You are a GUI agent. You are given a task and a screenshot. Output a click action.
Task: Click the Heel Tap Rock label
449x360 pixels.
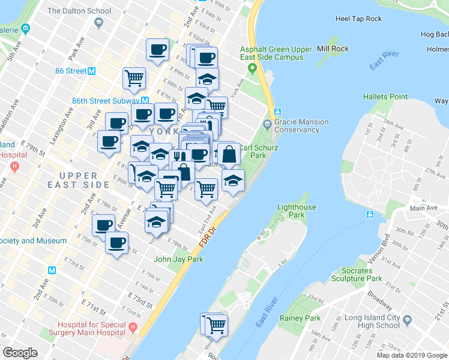[358, 19]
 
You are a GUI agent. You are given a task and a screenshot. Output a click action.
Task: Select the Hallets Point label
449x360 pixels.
[385, 97]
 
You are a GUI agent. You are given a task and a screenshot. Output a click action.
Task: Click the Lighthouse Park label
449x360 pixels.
[297, 211]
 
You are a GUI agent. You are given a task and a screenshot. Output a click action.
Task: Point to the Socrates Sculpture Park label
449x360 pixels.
[357, 274]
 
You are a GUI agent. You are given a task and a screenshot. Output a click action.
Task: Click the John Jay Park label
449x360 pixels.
[178, 259]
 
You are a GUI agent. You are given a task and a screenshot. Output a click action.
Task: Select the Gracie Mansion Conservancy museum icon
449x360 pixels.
[267, 124]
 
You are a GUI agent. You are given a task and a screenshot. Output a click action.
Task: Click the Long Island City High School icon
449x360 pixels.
[408, 320]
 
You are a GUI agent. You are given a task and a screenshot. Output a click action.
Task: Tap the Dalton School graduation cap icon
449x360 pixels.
[98, 22]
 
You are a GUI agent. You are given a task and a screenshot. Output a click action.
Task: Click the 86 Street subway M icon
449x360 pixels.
[92, 71]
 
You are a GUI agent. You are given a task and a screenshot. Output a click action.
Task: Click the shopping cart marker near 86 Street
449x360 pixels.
[134, 77]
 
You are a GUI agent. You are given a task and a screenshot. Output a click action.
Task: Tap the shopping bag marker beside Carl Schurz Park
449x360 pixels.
[229, 154]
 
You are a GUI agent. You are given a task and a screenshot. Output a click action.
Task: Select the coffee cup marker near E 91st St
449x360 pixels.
[158, 49]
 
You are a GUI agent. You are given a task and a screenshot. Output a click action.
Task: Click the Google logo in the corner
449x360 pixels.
[20, 353]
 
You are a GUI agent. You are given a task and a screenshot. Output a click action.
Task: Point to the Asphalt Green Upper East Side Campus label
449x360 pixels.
[276, 53]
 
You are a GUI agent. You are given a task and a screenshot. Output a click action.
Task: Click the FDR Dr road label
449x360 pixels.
[211, 238]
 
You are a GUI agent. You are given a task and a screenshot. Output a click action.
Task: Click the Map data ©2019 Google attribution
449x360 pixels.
[411, 355]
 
